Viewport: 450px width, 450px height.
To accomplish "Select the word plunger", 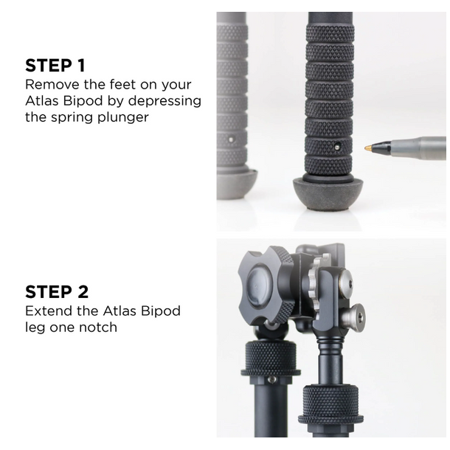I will pos(120,117).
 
